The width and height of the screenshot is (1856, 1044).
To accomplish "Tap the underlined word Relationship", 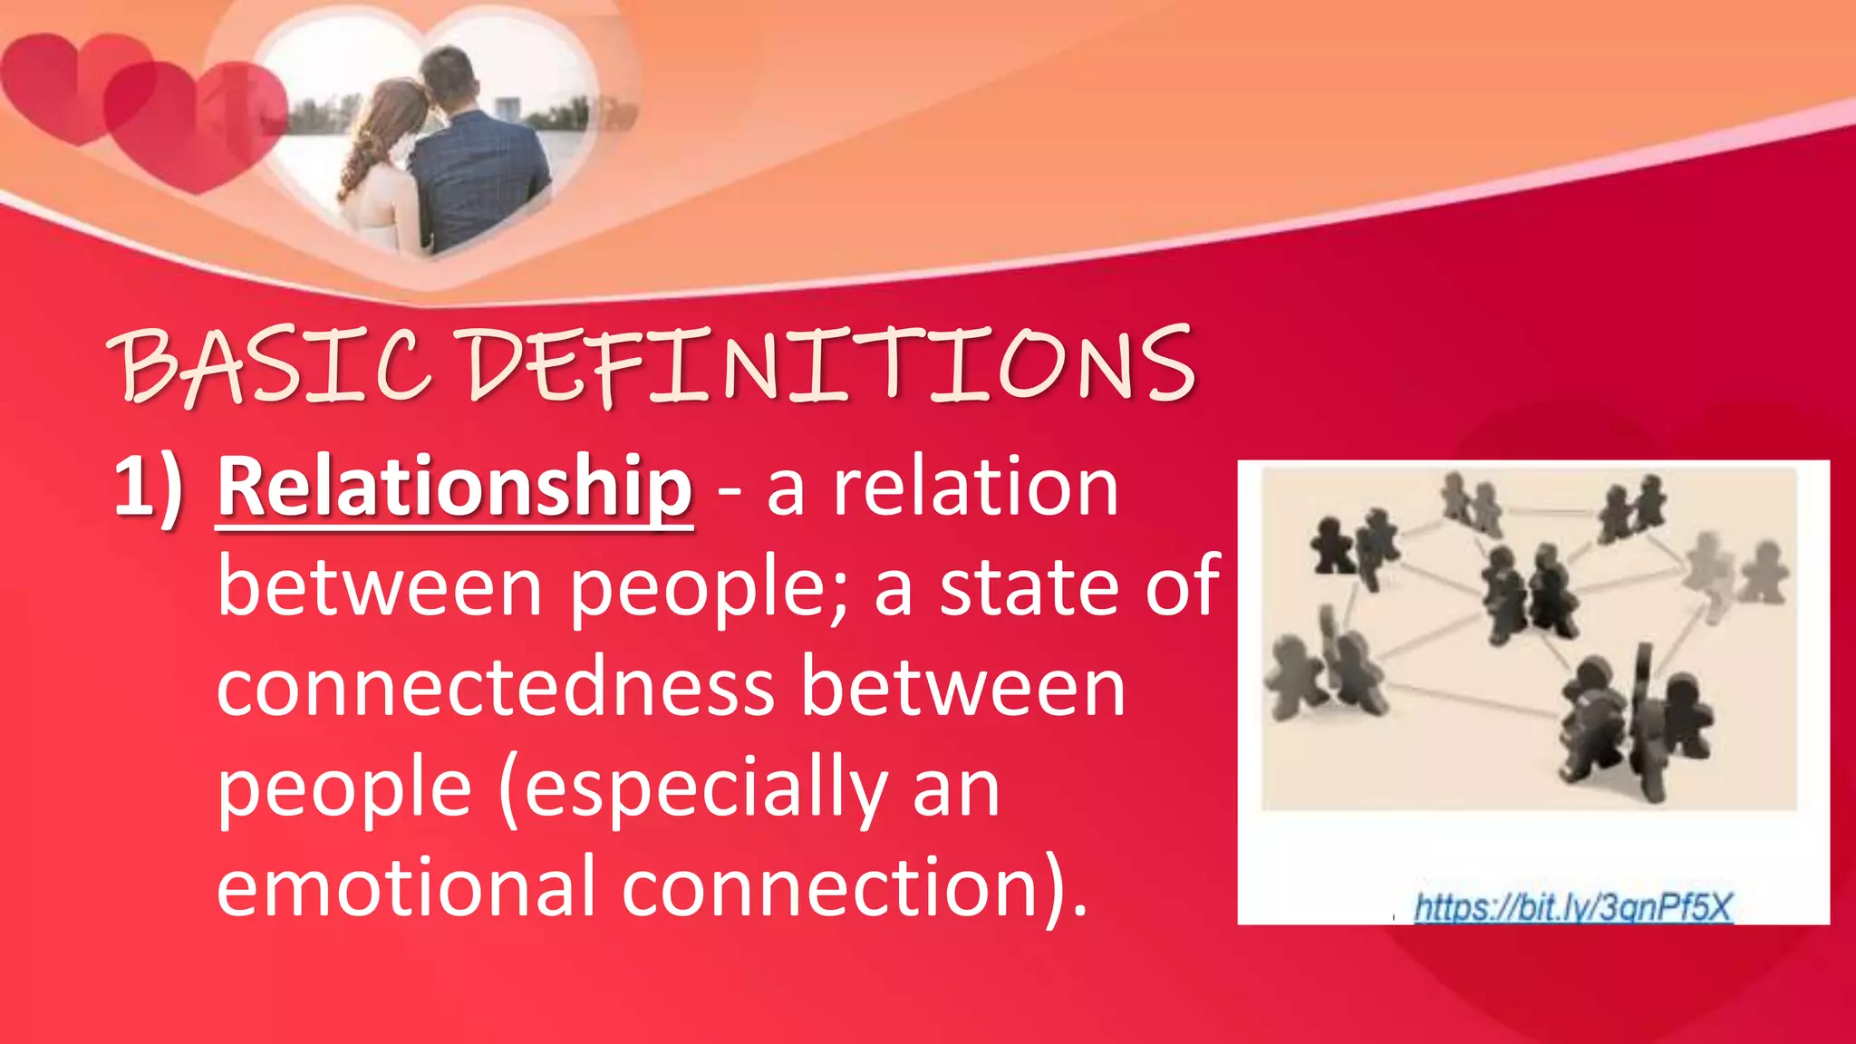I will point(455,488).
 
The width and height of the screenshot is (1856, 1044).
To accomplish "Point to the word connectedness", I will point(495,688).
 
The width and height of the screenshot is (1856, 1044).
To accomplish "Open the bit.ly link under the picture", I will point(1573,906).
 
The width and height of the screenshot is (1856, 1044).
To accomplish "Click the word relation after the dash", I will point(975,488).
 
